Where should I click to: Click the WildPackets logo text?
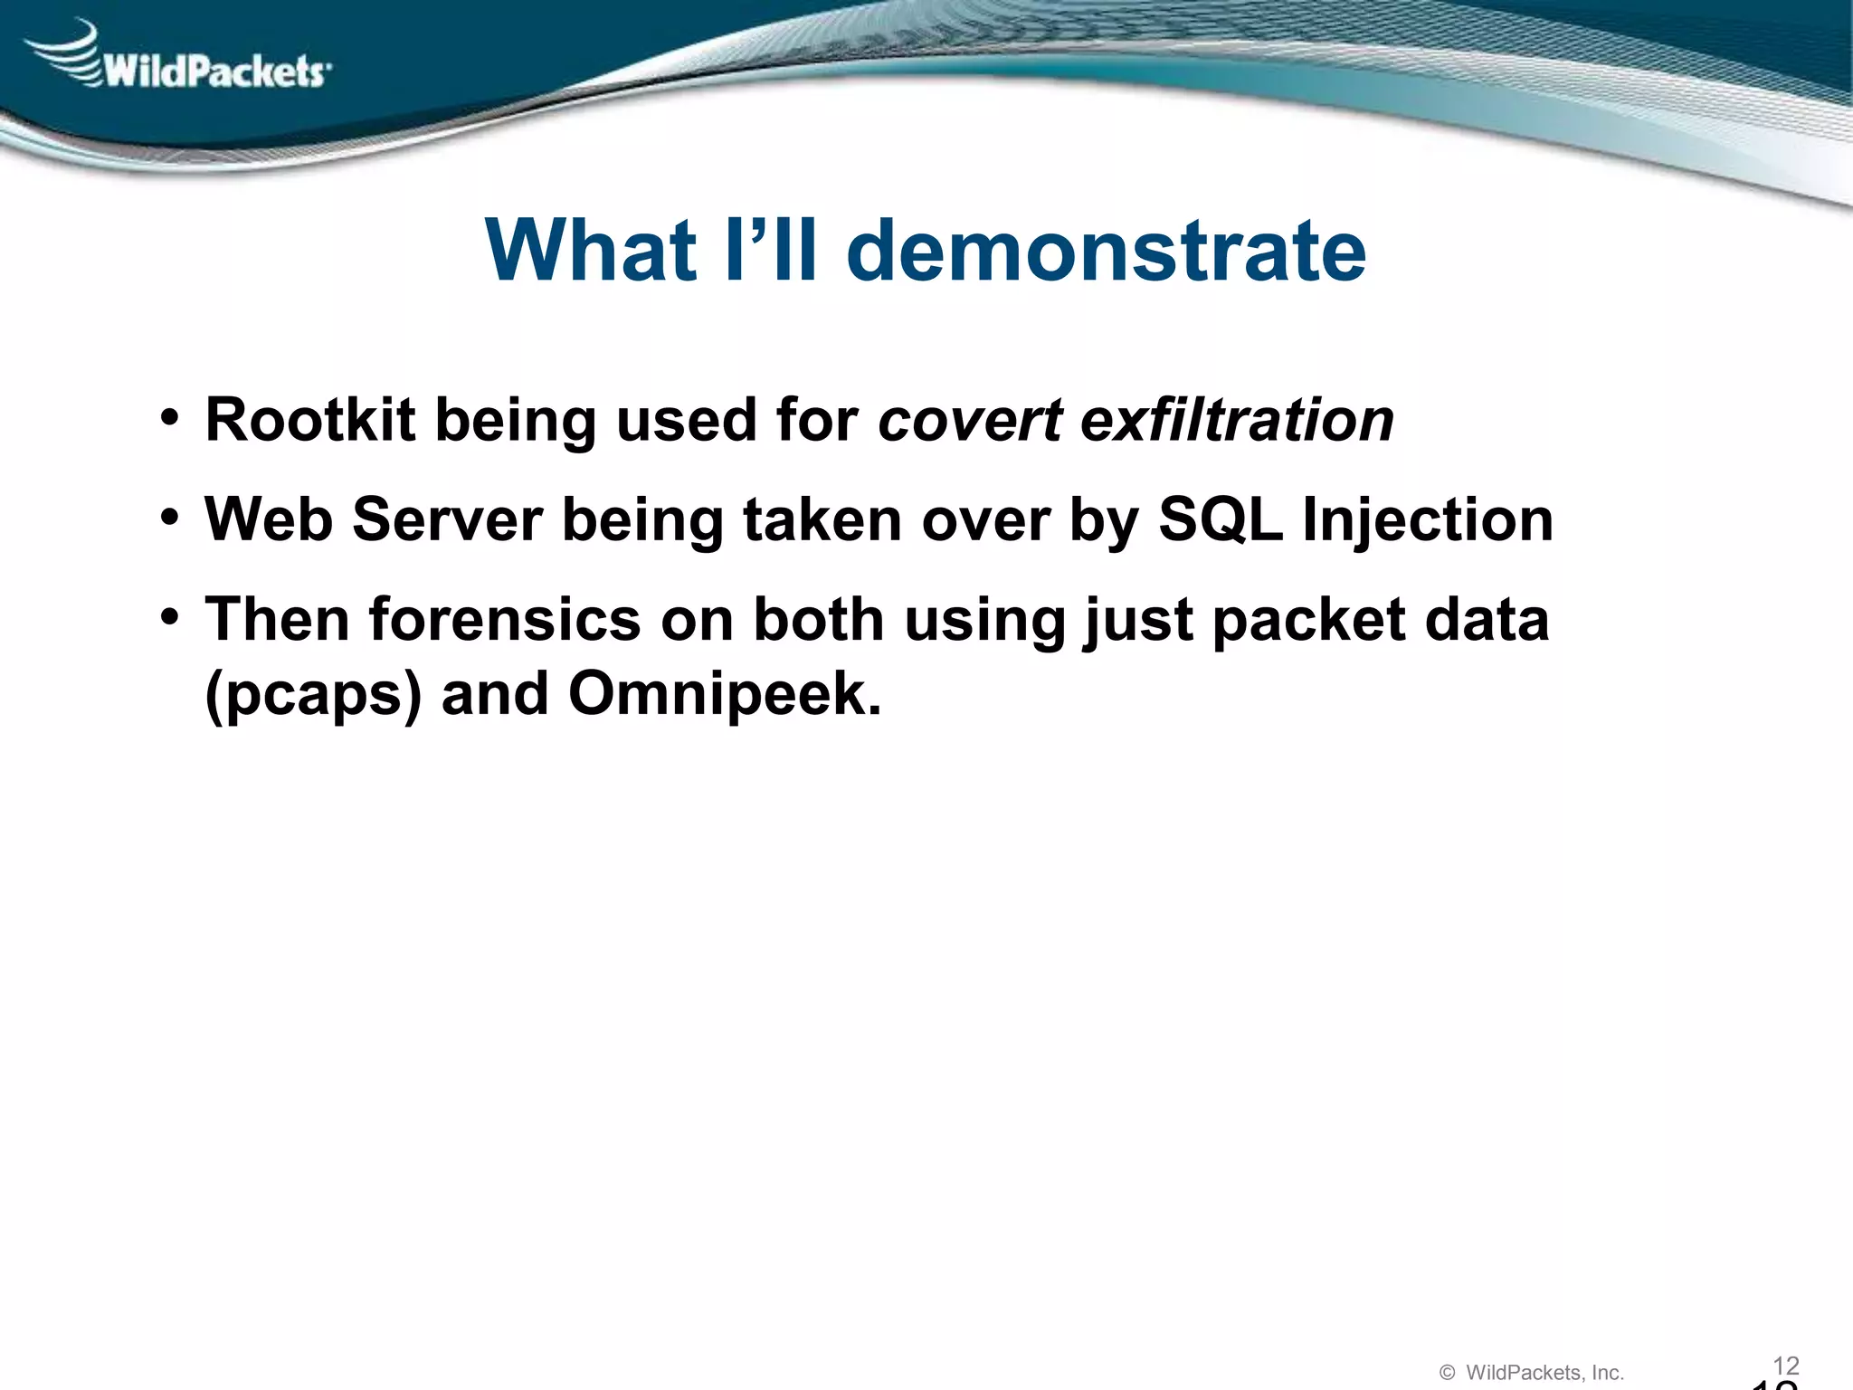(215, 71)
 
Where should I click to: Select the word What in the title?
(590, 251)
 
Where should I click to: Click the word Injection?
(1428, 520)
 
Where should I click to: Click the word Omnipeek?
(724, 695)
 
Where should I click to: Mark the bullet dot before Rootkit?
(169, 418)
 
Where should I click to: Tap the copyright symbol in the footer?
(1447, 1373)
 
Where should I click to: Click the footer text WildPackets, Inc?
(1544, 1373)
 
